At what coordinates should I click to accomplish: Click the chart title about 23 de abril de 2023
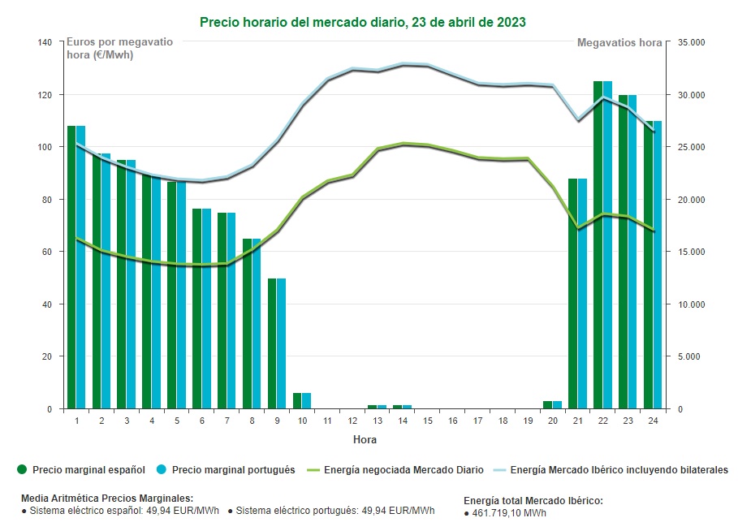pyautogui.click(x=362, y=22)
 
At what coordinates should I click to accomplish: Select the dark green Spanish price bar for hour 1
pyautogui.click(x=71, y=268)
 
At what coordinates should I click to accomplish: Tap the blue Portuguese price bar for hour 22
pyautogui.click(x=607, y=244)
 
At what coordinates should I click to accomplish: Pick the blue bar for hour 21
pyautogui.click(x=582, y=292)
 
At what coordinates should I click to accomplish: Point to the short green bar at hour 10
pyautogui.click(x=297, y=401)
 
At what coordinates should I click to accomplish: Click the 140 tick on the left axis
pyautogui.click(x=45, y=42)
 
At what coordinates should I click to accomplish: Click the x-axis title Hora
pyautogui.click(x=365, y=439)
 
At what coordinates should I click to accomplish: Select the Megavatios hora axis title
pyautogui.click(x=619, y=42)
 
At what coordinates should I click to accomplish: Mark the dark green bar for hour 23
pyautogui.click(x=623, y=252)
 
